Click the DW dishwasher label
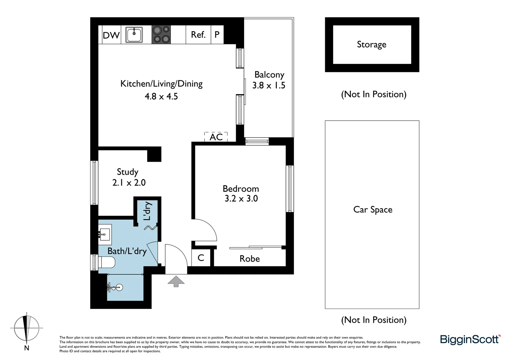pyautogui.click(x=111, y=35)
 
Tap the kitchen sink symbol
pyautogui.click(x=134, y=35)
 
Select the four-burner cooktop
pyautogui.click(x=161, y=35)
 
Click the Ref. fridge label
pyautogui.click(x=198, y=35)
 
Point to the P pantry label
pyautogui.click(x=217, y=35)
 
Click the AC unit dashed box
pyautogui.click(x=216, y=137)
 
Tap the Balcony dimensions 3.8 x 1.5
pyautogui.click(x=268, y=85)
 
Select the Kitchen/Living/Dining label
pyautogui.click(x=161, y=83)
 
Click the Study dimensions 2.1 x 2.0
pyautogui.click(x=129, y=182)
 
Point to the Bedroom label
pyautogui.click(x=241, y=188)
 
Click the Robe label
pyautogui.click(x=250, y=259)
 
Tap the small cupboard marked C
pyautogui.click(x=201, y=258)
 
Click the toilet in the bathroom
pyautogui.click(x=107, y=262)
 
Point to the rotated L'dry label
pyautogui.click(x=147, y=211)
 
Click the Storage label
pyautogui.click(x=371, y=44)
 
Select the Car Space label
pyautogui.click(x=372, y=209)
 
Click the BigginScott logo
pyautogui.click(x=470, y=339)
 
